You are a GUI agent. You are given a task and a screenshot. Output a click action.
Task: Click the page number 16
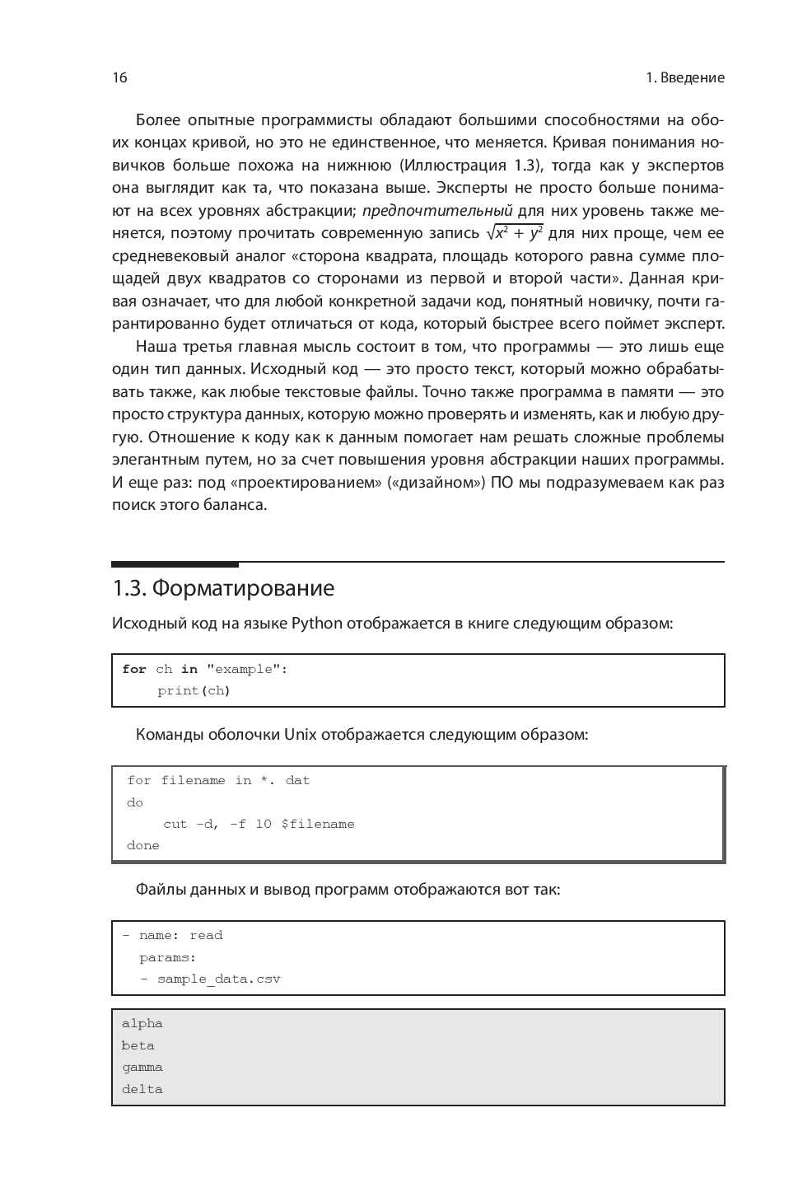tap(119, 77)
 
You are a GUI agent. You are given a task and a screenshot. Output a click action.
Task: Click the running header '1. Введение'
tap(684, 77)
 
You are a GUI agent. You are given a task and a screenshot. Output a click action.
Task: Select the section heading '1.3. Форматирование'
tap(223, 588)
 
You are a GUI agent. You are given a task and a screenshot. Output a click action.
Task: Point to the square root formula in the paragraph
tap(515, 232)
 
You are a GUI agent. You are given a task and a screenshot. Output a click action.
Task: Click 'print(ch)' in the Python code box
tap(194, 690)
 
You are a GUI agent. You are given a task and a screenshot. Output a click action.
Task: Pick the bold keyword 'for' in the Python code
tap(134, 669)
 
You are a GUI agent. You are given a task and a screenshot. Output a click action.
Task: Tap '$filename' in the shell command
tap(317, 824)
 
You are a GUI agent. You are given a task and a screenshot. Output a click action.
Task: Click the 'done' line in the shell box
tap(143, 845)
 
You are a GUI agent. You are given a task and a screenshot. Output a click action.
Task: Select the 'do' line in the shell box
tap(135, 802)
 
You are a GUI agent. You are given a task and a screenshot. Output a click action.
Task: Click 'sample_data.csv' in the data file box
tap(218, 979)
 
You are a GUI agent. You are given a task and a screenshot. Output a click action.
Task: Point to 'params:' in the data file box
tap(167, 957)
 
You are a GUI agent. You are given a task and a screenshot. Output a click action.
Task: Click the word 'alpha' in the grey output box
tap(142, 1023)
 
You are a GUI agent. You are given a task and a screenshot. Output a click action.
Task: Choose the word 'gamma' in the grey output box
tap(142, 1067)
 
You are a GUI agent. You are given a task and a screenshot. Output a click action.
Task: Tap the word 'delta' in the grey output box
tap(142, 1089)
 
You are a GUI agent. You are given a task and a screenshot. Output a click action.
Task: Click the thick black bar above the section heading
tap(175, 564)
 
